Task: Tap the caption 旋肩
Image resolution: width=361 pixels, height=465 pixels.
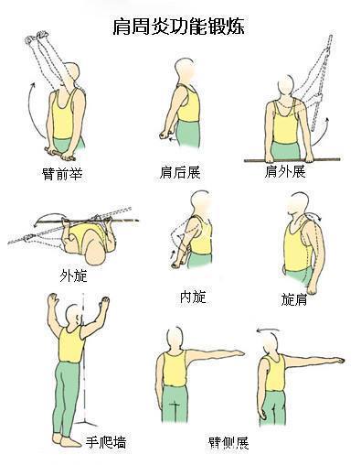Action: pyautogui.click(x=294, y=298)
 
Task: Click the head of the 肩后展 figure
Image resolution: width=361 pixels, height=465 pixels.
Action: pyautogui.click(x=182, y=70)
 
